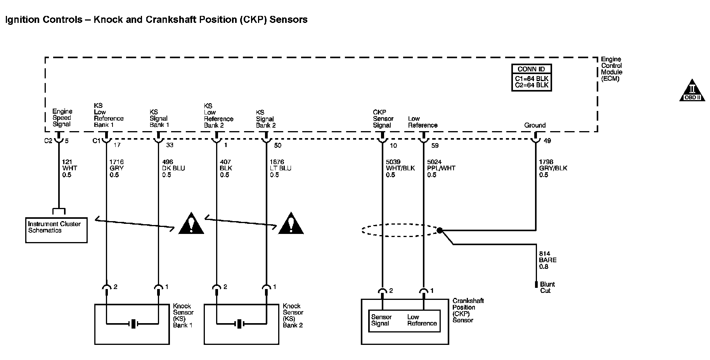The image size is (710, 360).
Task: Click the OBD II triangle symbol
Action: click(x=692, y=91)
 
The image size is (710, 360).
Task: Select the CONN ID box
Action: click(x=531, y=78)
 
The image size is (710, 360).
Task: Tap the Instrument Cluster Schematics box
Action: click(x=56, y=230)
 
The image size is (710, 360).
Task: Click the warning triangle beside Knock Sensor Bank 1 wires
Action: click(x=191, y=223)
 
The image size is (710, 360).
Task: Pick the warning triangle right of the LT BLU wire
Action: click(x=291, y=223)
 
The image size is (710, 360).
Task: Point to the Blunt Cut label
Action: click(x=547, y=287)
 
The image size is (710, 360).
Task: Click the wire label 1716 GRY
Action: click(x=117, y=168)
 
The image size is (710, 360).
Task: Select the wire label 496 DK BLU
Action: click(x=173, y=168)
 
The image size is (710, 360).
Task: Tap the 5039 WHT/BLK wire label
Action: click(x=400, y=168)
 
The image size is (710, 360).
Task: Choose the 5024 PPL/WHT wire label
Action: click(x=441, y=168)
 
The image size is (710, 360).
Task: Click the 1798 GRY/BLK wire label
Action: click(x=553, y=168)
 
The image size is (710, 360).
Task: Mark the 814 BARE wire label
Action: click(x=548, y=260)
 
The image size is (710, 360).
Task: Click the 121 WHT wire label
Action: click(x=70, y=168)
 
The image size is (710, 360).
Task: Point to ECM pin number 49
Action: click(x=547, y=141)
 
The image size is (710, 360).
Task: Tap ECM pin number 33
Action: click(x=170, y=145)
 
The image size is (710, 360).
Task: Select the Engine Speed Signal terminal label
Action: click(x=62, y=118)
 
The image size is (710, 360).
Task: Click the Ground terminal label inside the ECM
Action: click(x=535, y=125)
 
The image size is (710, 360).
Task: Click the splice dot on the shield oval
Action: click(x=440, y=230)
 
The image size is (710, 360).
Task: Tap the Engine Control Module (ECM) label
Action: click(x=612, y=69)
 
